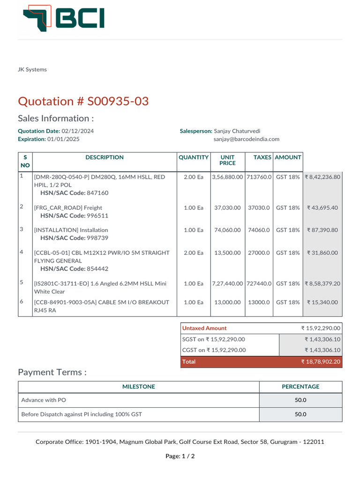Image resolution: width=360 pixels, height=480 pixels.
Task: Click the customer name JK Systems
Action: [32, 69]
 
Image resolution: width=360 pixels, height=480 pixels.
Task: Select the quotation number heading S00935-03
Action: [83, 101]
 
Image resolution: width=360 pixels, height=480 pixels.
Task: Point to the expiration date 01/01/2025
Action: [63, 139]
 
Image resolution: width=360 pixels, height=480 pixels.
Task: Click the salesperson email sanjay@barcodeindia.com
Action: [246, 139]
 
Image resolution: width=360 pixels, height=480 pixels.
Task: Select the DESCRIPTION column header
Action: [105, 157]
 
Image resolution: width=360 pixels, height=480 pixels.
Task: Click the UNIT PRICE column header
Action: [227, 160]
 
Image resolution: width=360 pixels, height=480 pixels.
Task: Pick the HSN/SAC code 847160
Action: [97, 193]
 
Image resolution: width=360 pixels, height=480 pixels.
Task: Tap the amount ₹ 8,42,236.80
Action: [322, 177]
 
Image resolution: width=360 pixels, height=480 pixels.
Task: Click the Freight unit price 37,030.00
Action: [227, 208]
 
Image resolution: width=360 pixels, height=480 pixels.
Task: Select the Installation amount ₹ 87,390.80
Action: [322, 230]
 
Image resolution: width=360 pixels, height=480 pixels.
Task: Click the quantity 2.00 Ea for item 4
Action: [194, 253]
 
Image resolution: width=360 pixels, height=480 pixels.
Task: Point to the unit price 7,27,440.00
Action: [227, 284]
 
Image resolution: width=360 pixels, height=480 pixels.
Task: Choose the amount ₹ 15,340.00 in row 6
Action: [322, 302]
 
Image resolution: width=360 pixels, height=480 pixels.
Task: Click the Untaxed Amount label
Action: [204, 328]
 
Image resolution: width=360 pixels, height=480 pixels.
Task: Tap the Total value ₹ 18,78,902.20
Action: [321, 362]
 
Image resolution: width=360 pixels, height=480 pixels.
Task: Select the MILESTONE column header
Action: [139, 387]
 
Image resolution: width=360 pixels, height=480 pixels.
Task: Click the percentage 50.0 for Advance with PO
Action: [300, 400]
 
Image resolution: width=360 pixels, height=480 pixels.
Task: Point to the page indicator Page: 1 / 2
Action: [180, 456]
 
